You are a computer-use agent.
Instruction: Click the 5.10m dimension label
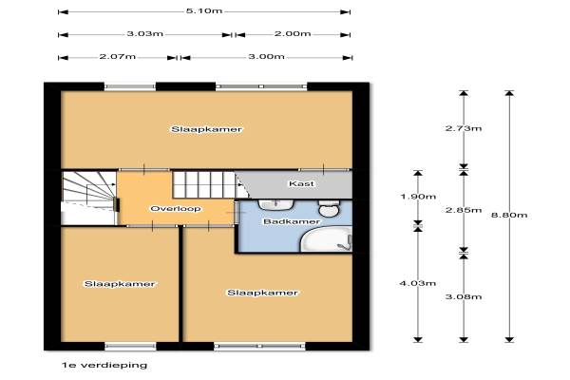[x=204, y=10]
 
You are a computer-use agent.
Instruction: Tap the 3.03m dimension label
[x=144, y=34]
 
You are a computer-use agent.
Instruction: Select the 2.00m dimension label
[x=293, y=34]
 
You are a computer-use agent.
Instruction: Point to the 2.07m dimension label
[x=118, y=57]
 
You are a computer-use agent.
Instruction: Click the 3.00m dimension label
[x=266, y=57]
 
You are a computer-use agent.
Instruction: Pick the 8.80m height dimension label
[x=509, y=215]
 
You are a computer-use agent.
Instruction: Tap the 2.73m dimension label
[x=464, y=128]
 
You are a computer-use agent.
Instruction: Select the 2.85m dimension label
[x=464, y=210]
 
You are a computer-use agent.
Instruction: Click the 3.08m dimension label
[x=464, y=296]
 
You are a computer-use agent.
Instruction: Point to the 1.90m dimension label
[x=418, y=197]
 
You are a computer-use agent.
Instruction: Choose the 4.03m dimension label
[x=418, y=283]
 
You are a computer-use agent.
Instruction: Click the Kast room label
[x=301, y=183]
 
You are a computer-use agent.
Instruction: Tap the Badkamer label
[x=292, y=221]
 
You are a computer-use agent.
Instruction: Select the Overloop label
[x=176, y=209]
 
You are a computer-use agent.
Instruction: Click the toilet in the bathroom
[x=329, y=208]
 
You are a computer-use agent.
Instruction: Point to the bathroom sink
[x=276, y=205]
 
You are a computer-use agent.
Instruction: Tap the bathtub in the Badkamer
[x=327, y=238]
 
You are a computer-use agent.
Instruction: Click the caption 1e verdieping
[x=104, y=365]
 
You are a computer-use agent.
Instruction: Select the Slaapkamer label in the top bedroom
[x=206, y=129]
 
